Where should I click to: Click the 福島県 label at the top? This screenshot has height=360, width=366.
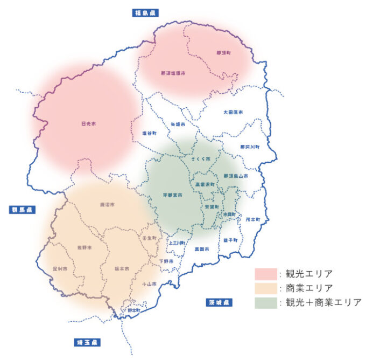pos(146,12)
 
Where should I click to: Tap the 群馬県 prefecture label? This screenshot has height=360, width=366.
pos(22,210)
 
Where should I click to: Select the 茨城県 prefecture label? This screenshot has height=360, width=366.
pos(219,302)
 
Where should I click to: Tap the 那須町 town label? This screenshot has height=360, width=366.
pos(223,53)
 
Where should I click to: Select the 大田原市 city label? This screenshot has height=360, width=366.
pos(233,112)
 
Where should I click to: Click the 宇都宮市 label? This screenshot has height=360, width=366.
pos(173,195)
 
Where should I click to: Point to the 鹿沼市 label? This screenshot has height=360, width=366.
pos(109,205)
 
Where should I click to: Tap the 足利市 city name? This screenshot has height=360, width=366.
pos(60,268)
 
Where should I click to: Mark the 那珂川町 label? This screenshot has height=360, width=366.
pos(250,147)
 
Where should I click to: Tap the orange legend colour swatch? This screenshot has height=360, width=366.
pos(265,288)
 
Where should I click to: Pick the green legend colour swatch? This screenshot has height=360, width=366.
pos(265,302)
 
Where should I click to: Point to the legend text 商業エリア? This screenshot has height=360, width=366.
pos(309,288)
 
